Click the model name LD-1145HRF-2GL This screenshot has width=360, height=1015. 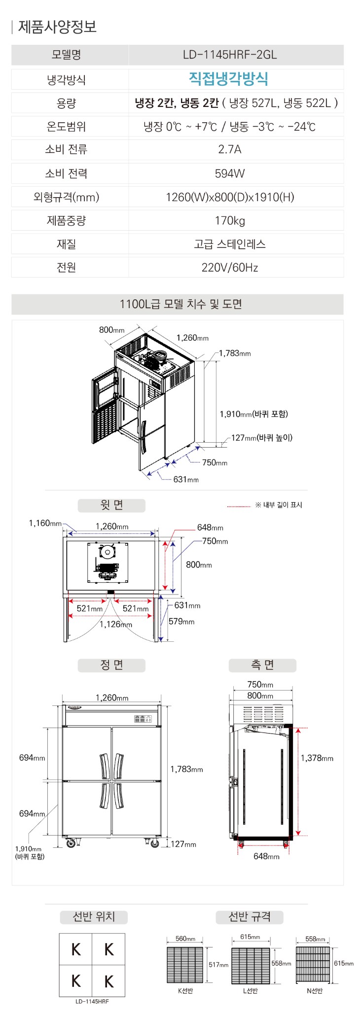coord(230,55)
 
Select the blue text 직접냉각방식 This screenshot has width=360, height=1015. coord(229,79)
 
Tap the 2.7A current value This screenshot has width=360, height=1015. coord(230,149)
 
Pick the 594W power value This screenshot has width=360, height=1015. coord(230,173)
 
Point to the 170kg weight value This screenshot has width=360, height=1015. coord(230,220)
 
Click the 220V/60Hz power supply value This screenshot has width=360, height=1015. coord(230,268)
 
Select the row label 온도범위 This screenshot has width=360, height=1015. coord(66,127)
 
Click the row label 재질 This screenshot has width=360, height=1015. coord(66,244)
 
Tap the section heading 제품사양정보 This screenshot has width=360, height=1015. coord(57,26)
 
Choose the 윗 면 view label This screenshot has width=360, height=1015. coord(111,505)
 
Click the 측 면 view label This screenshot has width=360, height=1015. coord(262,665)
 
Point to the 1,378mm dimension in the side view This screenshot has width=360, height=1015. coord(317,758)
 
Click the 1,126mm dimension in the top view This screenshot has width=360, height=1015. coord(116,624)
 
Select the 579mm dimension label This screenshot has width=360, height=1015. coord(181,622)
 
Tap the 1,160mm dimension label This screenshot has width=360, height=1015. coord(45,524)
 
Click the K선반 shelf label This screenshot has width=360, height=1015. coord(185,991)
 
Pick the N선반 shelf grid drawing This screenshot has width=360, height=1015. coord(313,964)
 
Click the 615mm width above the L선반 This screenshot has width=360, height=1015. coord(250,937)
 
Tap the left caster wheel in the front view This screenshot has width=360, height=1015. coord(71,843)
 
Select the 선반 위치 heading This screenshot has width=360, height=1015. coord(94,917)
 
